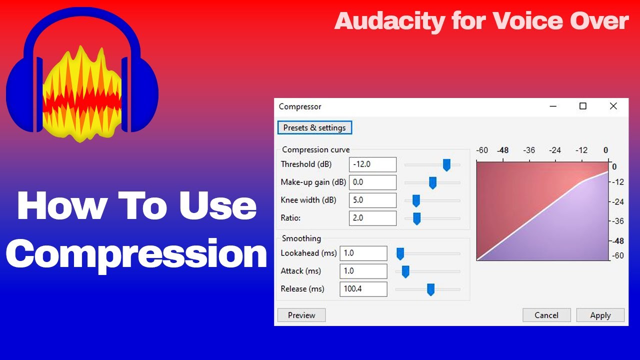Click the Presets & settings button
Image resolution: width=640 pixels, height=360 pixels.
click(x=314, y=127)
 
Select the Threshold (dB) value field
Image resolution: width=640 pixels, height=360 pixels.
click(x=372, y=164)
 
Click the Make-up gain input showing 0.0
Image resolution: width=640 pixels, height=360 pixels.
click(x=372, y=182)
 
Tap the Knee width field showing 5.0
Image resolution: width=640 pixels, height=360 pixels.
click(x=372, y=200)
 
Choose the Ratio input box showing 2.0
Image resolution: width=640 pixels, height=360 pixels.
click(x=372, y=218)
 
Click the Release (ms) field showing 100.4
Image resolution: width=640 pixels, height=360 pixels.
click(x=363, y=289)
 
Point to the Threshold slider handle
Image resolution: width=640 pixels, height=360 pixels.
click(x=446, y=164)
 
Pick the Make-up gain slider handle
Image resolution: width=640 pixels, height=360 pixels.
click(x=432, y=182)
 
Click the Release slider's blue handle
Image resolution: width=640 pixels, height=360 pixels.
click(x=430, y=289)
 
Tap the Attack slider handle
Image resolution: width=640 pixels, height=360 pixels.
click(x=405, y=271)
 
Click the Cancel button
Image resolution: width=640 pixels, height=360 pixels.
click(x=546, y=315)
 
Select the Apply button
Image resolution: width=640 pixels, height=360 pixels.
click(x=600, y=315)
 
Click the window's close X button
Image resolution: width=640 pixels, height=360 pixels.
click(x=613, y=106)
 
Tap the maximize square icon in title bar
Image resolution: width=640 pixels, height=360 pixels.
click(x=582, y=106)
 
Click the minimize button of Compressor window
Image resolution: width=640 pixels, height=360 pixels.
click(x=552, y=106)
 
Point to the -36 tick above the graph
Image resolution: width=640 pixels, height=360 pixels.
click(x=528, y=150)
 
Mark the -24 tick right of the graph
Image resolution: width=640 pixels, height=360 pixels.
click(x=618, y=201)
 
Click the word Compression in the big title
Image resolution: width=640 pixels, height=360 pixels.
click(x=136, y=254)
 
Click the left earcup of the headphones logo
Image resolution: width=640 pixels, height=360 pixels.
click(x=22, y=95)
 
